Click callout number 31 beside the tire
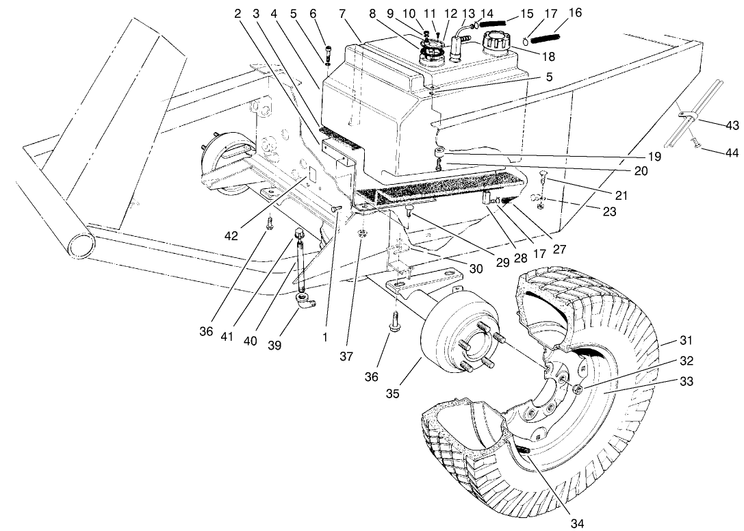point(687,341)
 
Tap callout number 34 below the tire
point(578,523)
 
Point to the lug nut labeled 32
point(577,389)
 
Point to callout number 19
point(654,157)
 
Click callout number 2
point(238,13)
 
